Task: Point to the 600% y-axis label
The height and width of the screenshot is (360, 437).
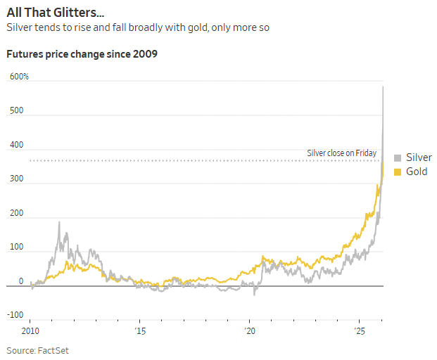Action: tap(19, 77)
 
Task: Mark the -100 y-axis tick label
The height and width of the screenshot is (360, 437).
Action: tap(17, 315)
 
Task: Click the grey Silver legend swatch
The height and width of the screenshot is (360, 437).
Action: tap(398, 157)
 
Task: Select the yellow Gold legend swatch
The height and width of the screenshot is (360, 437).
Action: tap(398, 172)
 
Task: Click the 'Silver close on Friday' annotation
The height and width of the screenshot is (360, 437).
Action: tap(341, 153)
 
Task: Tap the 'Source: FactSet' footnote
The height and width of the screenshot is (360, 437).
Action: tap(38, 350)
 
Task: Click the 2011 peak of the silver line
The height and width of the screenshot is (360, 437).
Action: tap(59, 222)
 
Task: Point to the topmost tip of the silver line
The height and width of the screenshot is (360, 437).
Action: tap(383, 86)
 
